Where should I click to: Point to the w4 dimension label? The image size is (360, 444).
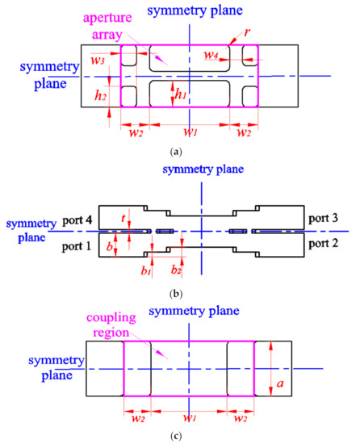pyautogui.click(x=211, y=56)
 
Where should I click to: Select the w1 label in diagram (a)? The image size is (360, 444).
pyautogui.click(x=188, y=131)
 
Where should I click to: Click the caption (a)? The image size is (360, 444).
pyautogui.click(x=188, y=150)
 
